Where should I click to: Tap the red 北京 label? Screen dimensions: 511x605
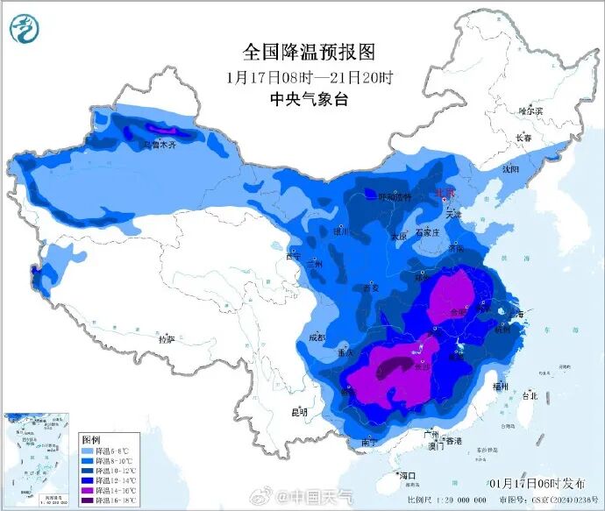point(446,193)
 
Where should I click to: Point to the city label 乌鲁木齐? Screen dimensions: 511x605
point(161,142)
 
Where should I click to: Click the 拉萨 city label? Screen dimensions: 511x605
point(167,337)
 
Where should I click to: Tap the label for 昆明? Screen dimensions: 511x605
point(301,411)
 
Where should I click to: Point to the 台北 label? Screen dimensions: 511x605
point(529,395)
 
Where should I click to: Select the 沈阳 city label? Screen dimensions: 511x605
point(509,167)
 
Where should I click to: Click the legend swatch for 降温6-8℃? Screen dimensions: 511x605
point(88,449)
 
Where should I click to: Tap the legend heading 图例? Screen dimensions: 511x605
point(92,437)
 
